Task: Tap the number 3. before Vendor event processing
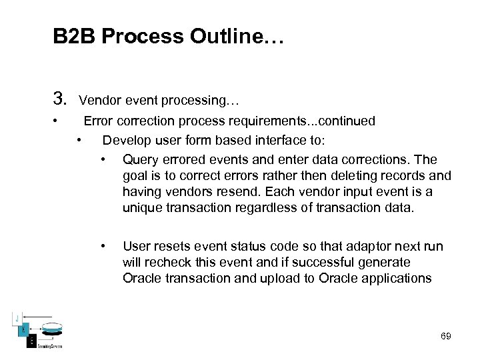(61, 101)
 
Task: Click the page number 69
(445, 336)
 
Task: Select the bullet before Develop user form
(79, 140)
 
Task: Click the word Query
(141, 159)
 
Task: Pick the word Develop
(127, 140)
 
